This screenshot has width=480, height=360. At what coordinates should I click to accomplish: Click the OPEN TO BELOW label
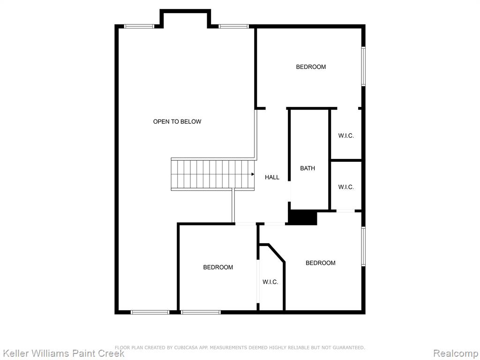click(177, 121)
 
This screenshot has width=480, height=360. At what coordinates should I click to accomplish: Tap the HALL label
click(272, 177)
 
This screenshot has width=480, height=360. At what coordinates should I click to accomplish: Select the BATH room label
click(307, 168)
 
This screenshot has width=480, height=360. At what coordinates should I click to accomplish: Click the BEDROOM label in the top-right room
click(311, 67)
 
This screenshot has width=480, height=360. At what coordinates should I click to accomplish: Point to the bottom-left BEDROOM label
click(218, 267)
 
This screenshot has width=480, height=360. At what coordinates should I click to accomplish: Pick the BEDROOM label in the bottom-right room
click(320, 262)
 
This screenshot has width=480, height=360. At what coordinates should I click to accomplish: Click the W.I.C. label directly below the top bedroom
click(346, 135)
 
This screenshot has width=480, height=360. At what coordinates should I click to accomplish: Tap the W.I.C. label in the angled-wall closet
click(270, 282)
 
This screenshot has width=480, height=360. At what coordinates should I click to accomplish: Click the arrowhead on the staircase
click(253, 174)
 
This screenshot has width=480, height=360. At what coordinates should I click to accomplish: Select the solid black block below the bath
click(302, 217)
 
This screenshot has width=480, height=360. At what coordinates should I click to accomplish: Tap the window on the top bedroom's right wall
click(363, 66)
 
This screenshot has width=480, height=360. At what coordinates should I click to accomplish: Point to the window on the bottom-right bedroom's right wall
click(363, 246)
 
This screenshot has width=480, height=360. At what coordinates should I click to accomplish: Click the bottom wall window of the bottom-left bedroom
click(201, 312)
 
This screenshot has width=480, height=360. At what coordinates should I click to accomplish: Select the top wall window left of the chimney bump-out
click(139, 26)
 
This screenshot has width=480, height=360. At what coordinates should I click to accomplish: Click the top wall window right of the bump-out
click(233, 26)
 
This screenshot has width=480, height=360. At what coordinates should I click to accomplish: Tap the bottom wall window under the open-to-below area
click(150, 312)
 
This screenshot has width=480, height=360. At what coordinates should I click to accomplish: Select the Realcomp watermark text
click(456, 353)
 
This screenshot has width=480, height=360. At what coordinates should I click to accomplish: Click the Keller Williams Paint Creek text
click(63, 353)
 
